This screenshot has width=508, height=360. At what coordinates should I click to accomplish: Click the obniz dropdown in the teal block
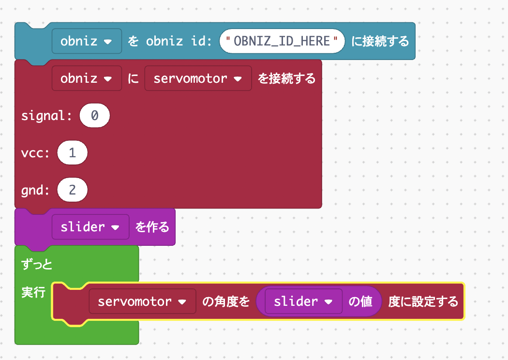(87, 41)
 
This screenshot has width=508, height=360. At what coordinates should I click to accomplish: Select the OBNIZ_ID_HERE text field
(282, 41)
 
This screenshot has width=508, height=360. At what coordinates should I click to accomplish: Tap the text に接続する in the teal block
(380, 41)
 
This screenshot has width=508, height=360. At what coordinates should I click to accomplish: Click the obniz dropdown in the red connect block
(87, 78)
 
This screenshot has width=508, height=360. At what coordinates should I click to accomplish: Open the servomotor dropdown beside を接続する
(198, 78)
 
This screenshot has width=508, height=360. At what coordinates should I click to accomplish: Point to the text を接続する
(286, 78)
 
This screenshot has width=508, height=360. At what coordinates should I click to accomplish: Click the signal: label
(46, 116)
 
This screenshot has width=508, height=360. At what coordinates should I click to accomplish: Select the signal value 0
(95, 116)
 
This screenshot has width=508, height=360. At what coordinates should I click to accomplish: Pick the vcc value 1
(73, 153)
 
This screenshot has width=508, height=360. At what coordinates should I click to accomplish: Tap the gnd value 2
(73, 190)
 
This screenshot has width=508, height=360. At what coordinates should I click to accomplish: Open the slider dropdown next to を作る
(90, 227)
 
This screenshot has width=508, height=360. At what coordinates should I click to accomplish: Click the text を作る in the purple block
(152, 227)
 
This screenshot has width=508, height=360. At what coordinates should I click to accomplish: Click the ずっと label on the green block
(37, 264)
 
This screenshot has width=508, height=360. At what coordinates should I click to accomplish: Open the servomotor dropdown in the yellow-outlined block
(142, 301)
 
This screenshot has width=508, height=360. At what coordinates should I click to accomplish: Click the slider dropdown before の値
(303, 301)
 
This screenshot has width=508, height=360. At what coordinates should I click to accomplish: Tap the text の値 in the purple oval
(361, 301)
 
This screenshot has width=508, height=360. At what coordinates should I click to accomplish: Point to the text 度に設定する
(423, 301)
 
